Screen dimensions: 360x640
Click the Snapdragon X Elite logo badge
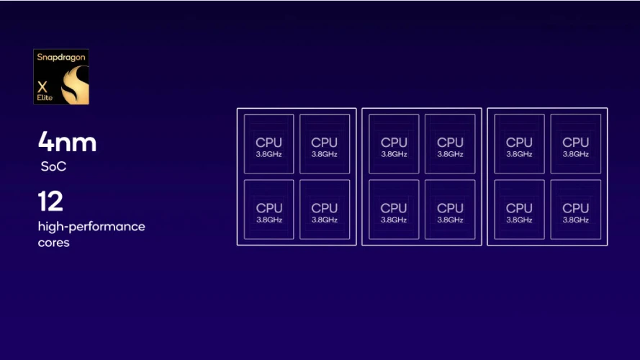(61, 76)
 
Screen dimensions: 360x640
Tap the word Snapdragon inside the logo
(60, 56)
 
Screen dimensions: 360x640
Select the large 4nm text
(67, 142)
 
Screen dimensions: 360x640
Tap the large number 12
(51, 202)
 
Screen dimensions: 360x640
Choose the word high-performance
(91, 227)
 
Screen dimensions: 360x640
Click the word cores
(53, 243)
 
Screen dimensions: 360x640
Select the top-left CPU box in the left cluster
(269, 144)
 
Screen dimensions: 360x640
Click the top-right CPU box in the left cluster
(325, 144)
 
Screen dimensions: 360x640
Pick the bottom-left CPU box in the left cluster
(269, 210)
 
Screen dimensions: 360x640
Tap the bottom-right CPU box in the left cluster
(325, 210)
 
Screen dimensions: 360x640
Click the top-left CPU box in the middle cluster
(394, 144)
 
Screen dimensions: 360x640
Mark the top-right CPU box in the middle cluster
(450, 144)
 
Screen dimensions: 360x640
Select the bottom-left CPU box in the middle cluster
(394, 210)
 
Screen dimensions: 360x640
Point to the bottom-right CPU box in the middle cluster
(450, 210)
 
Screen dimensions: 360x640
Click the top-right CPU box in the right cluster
(575, 144)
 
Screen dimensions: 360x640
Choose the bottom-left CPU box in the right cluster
(519, 210)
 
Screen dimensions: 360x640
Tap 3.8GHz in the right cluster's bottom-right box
(575, 220)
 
